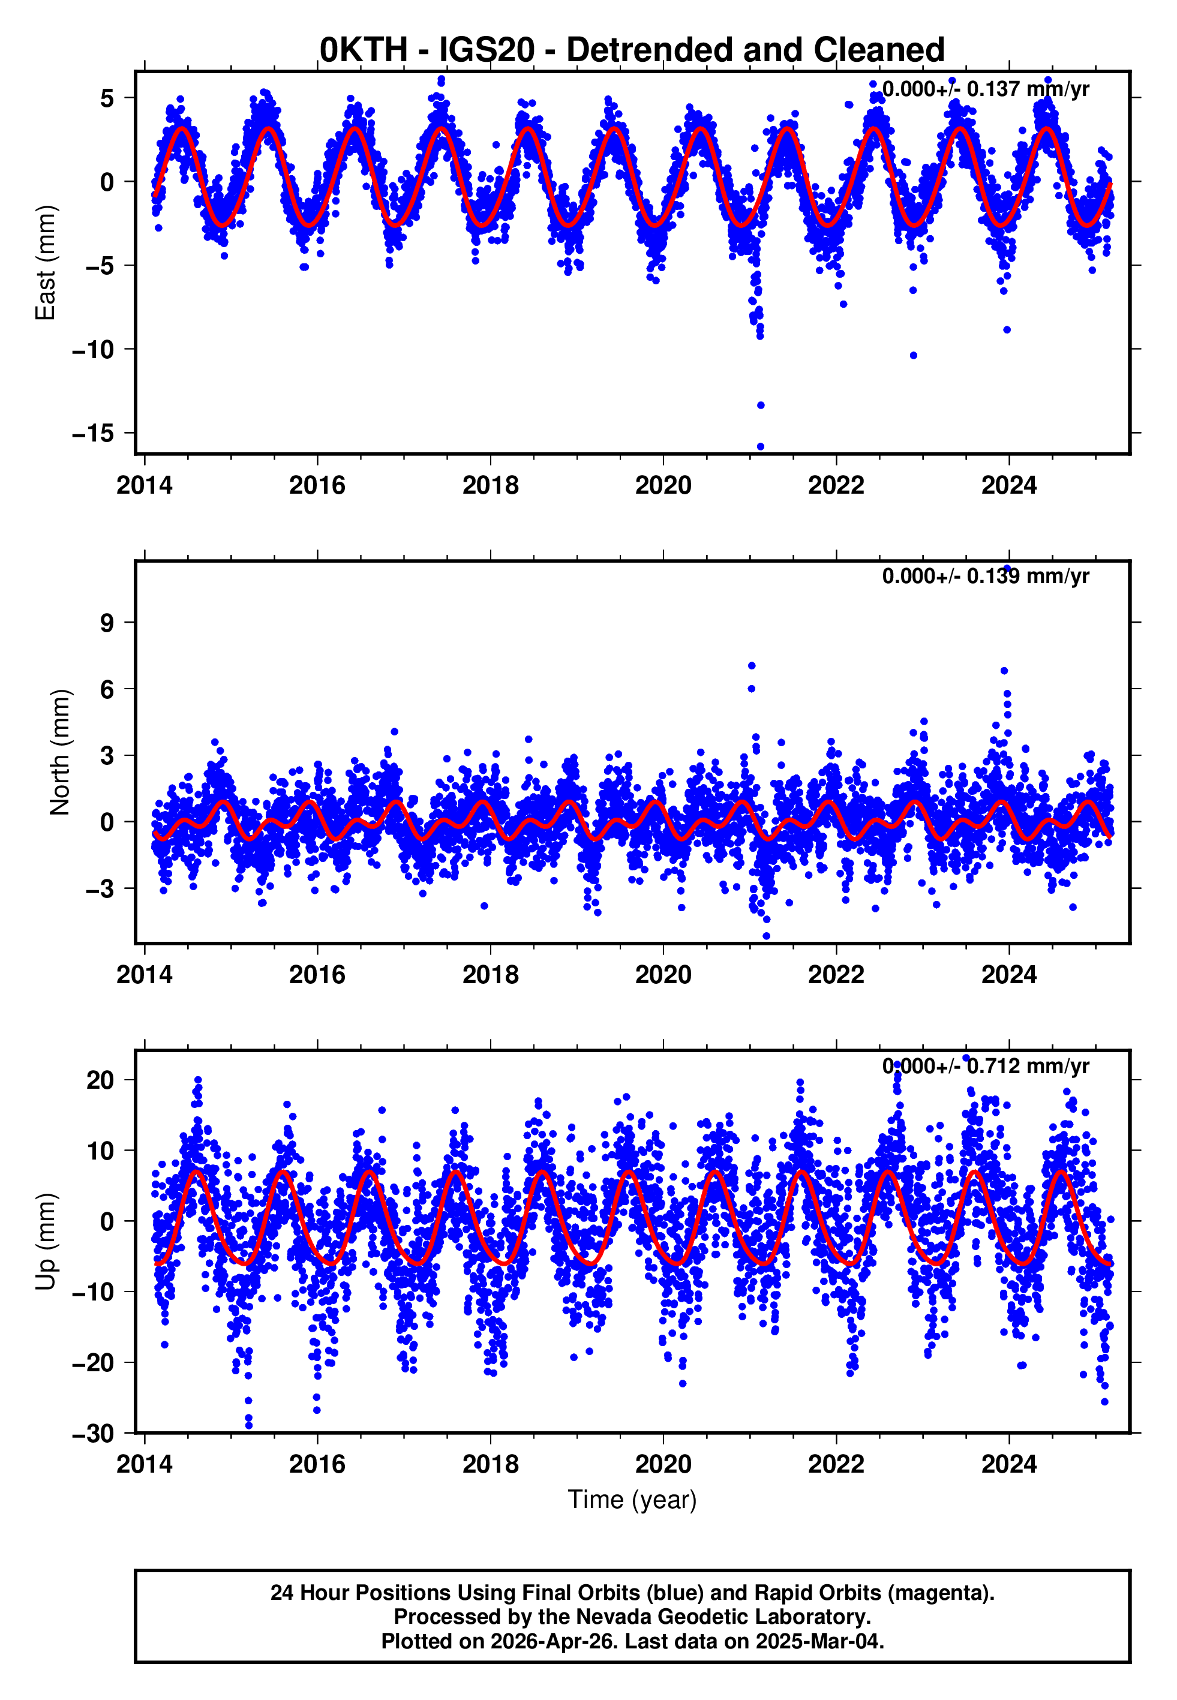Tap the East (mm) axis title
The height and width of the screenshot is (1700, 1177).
(46, 263)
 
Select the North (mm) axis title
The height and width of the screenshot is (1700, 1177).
(60, 752)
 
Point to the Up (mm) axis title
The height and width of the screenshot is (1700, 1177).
(46, 1242)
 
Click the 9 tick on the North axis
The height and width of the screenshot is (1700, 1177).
(107, 623)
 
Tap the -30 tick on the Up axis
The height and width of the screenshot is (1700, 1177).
(93, 1434)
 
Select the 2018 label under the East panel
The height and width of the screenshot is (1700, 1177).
(491, 485)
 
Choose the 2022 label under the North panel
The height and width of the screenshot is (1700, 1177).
(836, 975)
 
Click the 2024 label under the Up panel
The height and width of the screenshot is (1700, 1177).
(1009, 1464)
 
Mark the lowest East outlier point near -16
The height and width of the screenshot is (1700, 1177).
(760, 447)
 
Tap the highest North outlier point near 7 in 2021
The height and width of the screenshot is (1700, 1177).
(752, 666)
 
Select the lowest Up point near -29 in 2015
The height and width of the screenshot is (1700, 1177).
(248, 1426)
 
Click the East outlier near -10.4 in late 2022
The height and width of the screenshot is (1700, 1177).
(913, 355)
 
